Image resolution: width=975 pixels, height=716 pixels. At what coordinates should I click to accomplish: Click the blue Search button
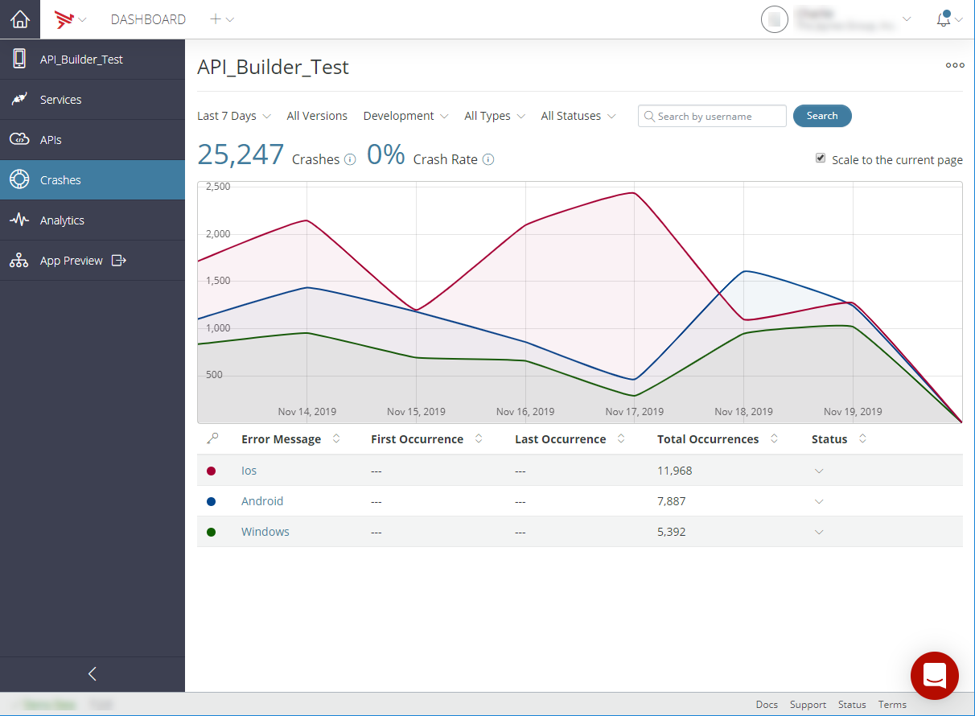click(821, 116)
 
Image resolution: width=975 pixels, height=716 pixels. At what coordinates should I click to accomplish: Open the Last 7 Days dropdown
click(233, 116)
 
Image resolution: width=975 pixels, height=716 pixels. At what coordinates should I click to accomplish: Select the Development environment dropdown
click(405, 116)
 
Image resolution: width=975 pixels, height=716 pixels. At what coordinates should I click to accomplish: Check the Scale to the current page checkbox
click(821, 158)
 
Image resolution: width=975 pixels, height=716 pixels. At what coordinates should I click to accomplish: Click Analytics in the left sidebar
click(62, 220)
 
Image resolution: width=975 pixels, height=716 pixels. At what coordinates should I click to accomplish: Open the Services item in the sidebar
click(61, 100)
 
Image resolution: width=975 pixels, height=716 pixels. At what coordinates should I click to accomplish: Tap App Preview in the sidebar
click(72, 261)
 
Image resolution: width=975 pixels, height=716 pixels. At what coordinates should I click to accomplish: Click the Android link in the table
click(262, 501)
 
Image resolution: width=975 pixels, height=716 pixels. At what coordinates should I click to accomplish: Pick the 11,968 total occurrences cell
click(674, 471)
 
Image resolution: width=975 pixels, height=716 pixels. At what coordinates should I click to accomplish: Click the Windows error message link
click(265, 532)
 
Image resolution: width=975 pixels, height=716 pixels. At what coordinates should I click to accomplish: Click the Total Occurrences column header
click(708, 439)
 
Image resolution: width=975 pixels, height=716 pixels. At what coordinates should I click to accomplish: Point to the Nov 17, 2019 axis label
click(634, 412)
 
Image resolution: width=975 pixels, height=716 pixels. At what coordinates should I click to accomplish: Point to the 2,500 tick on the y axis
click(218, 187)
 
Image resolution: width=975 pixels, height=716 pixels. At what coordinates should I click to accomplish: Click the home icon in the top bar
click(19, 19)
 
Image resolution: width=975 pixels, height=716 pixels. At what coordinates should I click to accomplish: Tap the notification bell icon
click(944, 19)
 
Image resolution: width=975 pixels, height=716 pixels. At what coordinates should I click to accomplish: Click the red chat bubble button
click(934, 676)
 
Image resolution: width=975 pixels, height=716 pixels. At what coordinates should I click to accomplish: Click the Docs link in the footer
click(767, 705)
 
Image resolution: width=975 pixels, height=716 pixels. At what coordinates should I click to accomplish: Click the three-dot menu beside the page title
click(954, 66)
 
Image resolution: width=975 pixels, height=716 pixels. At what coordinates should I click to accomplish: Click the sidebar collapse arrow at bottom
click(92, 674)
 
